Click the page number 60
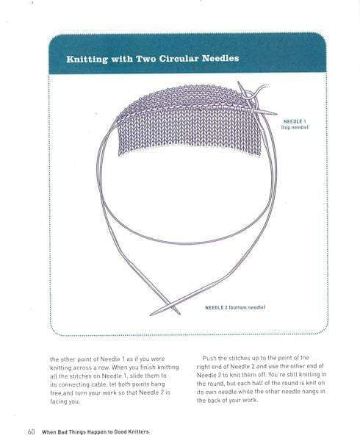(32, 431)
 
